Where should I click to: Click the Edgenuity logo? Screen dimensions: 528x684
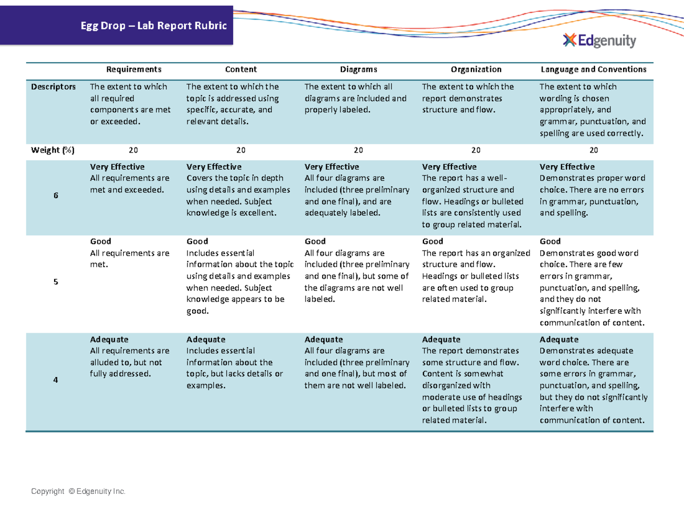point(599,40)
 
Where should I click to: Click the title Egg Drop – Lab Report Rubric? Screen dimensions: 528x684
point(153,26)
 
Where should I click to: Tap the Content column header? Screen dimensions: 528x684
point(241,69)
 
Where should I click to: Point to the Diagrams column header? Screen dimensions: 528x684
point(359,69)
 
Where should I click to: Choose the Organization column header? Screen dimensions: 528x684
point(476,69)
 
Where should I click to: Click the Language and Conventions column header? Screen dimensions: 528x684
point(593,69)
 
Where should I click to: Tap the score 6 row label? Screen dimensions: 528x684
point(56,195)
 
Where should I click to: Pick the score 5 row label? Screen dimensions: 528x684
point(56,282)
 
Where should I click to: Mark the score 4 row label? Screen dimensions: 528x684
point(56,380)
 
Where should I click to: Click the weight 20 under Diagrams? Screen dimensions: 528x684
point(358,150)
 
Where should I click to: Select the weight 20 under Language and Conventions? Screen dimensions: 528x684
point(593,150)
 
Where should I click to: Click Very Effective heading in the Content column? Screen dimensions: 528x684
point(214,167)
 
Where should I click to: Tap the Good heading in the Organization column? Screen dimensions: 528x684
point(432,242)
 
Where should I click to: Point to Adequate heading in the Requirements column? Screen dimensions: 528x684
point(109,339)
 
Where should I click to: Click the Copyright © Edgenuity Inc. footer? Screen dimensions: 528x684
point(79,492)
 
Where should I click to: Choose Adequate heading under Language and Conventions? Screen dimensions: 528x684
point(559,339)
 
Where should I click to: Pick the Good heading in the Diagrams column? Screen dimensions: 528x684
point(315,242)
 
